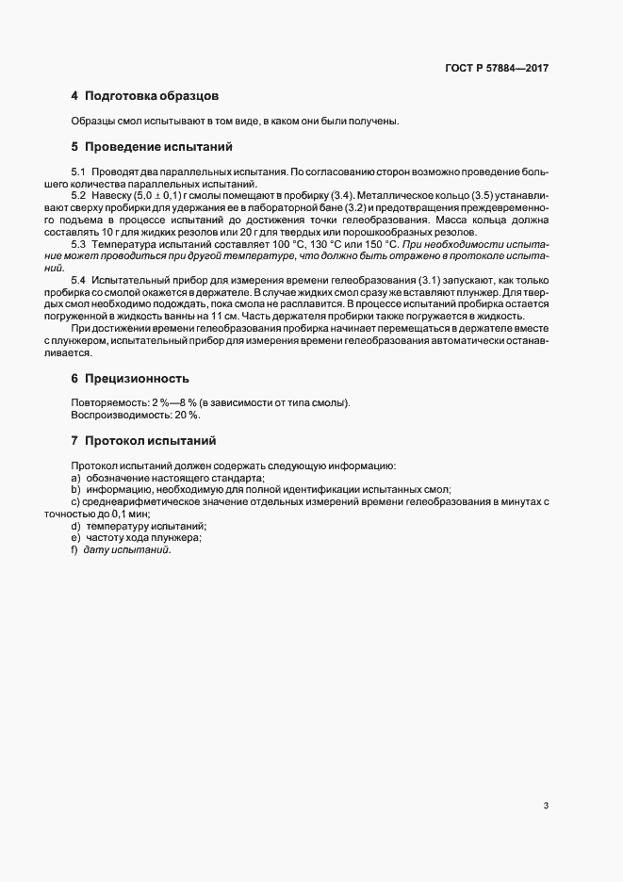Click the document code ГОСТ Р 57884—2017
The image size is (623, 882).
497,69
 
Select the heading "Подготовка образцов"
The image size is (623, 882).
152,96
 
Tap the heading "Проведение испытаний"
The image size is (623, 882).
157,147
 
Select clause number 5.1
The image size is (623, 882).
78,171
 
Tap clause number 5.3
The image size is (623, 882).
78,244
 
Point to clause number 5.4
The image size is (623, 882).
78,281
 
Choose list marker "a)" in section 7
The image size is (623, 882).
75,478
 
